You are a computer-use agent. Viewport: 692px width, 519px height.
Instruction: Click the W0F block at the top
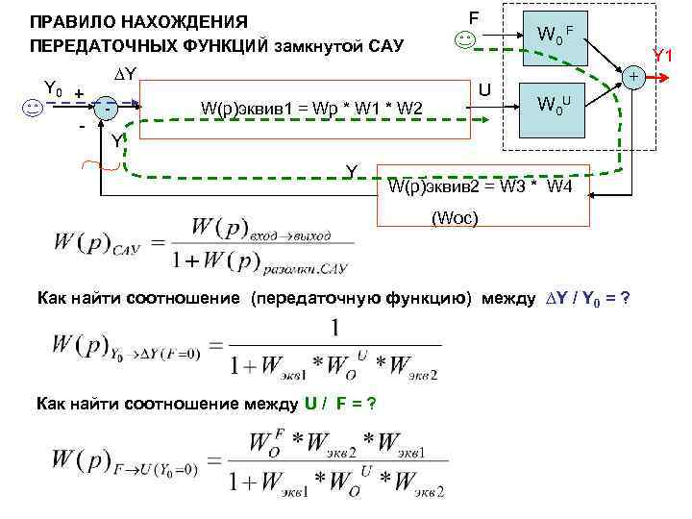554,37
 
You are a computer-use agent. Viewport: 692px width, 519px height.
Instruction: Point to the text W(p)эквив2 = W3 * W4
481,185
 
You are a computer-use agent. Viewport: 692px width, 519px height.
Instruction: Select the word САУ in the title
385,46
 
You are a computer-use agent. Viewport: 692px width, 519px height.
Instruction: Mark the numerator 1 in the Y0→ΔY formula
334,329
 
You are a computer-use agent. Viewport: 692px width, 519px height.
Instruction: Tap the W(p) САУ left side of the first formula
96,243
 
